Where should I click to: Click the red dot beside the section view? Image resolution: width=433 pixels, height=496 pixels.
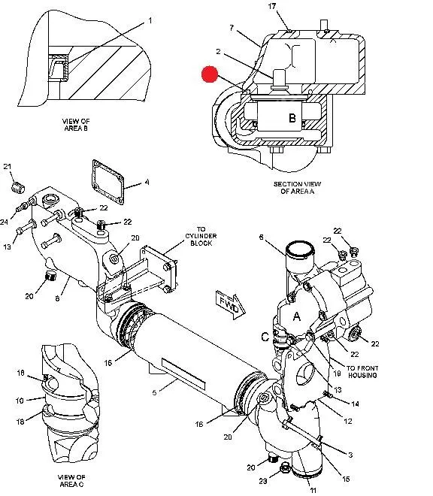tap(210, 74)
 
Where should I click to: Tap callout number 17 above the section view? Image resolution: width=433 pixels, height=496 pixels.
tap(272, 6)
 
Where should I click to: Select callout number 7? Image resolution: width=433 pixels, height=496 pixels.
tap(232, 28)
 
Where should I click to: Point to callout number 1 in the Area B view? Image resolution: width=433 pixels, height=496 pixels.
tap(150, 20)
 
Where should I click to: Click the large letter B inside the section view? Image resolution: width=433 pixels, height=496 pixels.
tap(292, 118)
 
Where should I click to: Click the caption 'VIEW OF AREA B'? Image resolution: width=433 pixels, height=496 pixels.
tap(76, 125)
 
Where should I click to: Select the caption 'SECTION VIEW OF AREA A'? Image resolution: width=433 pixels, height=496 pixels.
tap(297, 188)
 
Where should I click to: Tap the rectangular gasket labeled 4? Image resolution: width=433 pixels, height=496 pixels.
tap(108, 182)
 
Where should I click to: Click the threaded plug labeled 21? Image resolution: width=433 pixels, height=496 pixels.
tap(18, 188)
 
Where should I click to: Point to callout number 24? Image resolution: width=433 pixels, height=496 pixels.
tap(4, 222)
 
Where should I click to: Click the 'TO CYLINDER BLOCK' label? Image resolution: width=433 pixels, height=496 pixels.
tap(201, 236)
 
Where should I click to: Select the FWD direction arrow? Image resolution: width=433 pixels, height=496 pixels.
tap(231, 304)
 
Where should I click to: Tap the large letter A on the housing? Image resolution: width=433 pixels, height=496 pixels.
tap(297, 316)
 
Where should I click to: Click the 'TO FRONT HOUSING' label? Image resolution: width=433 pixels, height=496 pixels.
tap(362, 372)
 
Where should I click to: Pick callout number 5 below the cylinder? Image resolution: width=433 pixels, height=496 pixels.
tap(154, 392)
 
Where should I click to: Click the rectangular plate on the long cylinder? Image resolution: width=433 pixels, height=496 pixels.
tap(183, 374)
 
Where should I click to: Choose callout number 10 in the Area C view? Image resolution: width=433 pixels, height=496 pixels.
tap(20, 401)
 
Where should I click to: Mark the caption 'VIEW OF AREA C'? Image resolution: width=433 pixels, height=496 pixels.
tap(71, 481)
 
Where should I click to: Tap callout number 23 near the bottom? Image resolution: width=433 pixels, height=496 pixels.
tap(263, 481)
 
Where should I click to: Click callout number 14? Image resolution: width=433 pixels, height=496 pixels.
tap(355, 404)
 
